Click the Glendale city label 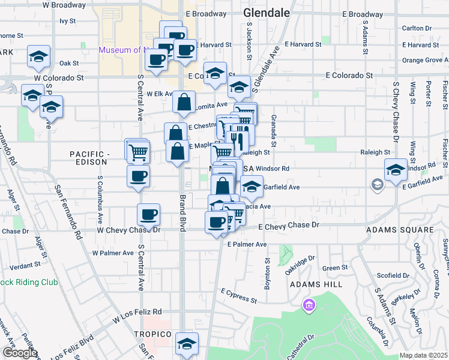[x=267, y=13]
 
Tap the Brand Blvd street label [x=182, y=213]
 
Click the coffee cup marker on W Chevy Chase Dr [x=148, y=214]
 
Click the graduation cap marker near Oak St [x=38, y=57]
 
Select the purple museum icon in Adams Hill [x=310, y=306]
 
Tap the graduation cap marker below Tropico [x=187, y=344]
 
